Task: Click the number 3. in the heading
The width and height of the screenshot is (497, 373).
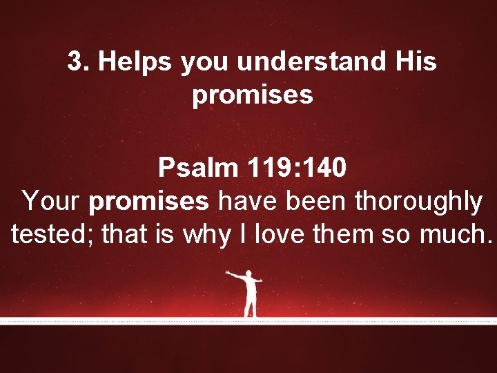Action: point(78,62)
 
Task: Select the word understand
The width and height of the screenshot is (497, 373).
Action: point(313,62)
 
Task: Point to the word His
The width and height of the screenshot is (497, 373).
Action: point(416,62)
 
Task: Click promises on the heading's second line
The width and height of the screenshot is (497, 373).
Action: point(253,95)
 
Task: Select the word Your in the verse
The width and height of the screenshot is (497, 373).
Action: point(52,202)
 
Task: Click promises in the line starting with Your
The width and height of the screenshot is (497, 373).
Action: point(148,202)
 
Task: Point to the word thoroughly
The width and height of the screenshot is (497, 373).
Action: point(418,202)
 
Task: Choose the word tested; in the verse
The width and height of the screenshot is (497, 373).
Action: point(52,235)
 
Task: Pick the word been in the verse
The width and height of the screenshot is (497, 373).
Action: point(316,202)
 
